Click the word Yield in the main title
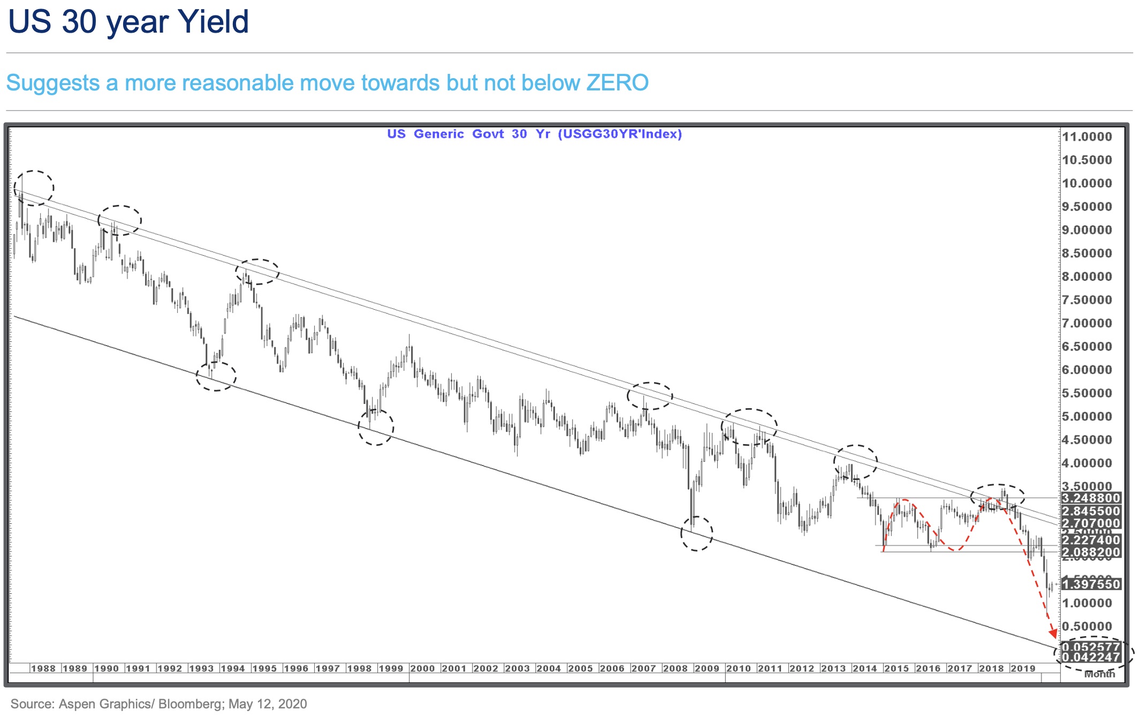(x=213, y=22)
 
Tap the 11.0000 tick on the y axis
(x=1087, y=136)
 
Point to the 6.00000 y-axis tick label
(x=1087, y=370)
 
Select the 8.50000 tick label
(x=1087, y=253)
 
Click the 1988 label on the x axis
(x=43, y=668)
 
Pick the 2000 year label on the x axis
(x=422, y=668)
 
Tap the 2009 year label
(x=707, y=668)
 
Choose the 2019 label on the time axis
(x=1023, y=668)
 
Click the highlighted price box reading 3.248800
(x=1090, y=498)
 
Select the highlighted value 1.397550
(x=1090, y=584)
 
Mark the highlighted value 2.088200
(x=1090, y=552)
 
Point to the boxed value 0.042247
(x=1090, y=657)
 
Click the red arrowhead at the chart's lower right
(x=1053, y=634)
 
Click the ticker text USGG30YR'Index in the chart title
(x=620, y=134)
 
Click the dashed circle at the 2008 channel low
(x=696, y=533)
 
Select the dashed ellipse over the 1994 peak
(x=257, y=272)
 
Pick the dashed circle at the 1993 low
(x=216, y=376)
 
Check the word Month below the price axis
(x=1099, y=675)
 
